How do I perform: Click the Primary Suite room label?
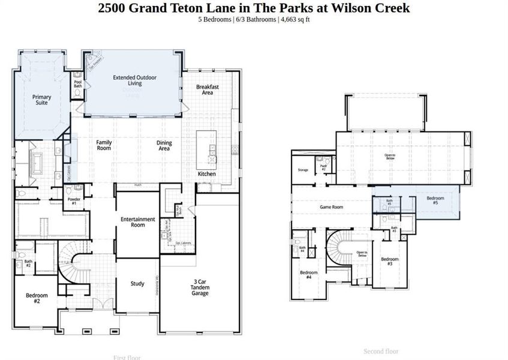tap(41, 100)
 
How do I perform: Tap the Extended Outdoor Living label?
tap(135, 81)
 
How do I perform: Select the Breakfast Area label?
tap(207, 89)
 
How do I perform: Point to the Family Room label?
tap(104, 145)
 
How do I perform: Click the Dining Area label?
tap(164, 145)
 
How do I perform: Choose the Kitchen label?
tap(207, 174)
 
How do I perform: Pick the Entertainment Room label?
tap(138, 222)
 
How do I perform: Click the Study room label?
tap(137, 284)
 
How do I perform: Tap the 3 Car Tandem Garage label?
tap(200, 287)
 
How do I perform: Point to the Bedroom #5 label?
tap(435, 200)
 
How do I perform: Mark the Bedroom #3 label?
tap(390, 262)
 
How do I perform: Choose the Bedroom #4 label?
tap(309, 275)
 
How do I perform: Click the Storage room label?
tap(303, 170)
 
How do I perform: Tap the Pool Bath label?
tap(78, 84)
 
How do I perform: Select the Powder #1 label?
tap(74, 201)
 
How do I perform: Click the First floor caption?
tap(127, 358)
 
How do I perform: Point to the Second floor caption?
tap(381, 352)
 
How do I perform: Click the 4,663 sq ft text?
tap(294, 20)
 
